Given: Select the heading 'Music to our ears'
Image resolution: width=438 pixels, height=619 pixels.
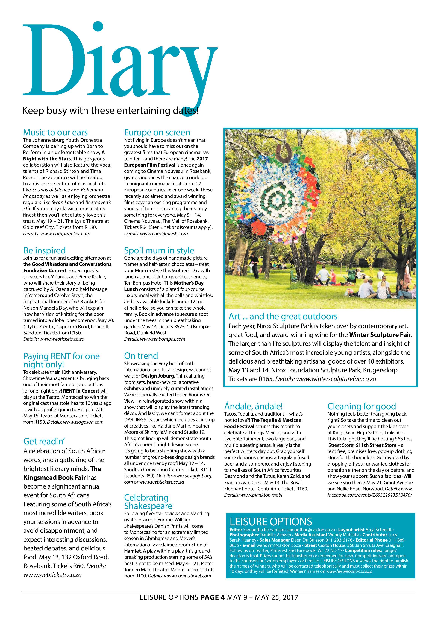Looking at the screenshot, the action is pos(55,132).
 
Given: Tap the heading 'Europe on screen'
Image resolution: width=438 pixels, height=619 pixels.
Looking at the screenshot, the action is pos(157,132).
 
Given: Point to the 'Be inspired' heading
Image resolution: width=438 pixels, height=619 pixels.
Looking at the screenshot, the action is pos(45,250).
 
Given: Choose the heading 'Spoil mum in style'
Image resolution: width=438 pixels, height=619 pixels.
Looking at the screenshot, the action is pos(159,250).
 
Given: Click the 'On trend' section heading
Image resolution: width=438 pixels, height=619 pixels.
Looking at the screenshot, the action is pos(141,356).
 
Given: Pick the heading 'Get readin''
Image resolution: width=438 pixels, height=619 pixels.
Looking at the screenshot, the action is pos(44,441).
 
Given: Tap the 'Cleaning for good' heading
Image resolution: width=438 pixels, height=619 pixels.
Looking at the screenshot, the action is pos(361,406).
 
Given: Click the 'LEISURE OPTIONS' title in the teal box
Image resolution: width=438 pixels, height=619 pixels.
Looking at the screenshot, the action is pos(271,521).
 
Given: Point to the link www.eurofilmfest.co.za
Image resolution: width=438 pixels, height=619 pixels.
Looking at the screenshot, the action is pos(164,233).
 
